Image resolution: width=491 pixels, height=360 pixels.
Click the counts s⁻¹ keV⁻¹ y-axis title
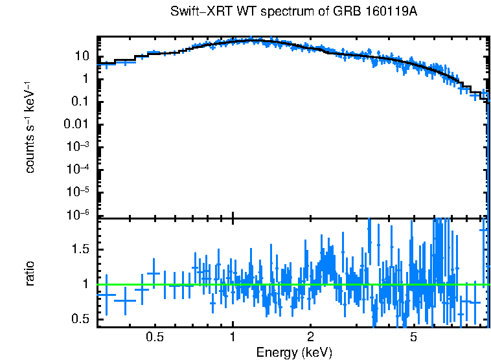click(30, 128)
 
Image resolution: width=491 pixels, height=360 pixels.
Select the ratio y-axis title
click(30, 273)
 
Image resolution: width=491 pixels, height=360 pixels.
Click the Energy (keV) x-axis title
click(294, 352)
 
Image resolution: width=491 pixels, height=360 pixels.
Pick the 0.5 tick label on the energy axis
click(154, 337)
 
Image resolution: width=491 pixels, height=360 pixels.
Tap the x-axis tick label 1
click(233, 337)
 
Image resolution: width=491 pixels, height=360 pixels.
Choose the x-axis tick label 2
click(311, 337)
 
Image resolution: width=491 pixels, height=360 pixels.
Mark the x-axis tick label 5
click(414, 337)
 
